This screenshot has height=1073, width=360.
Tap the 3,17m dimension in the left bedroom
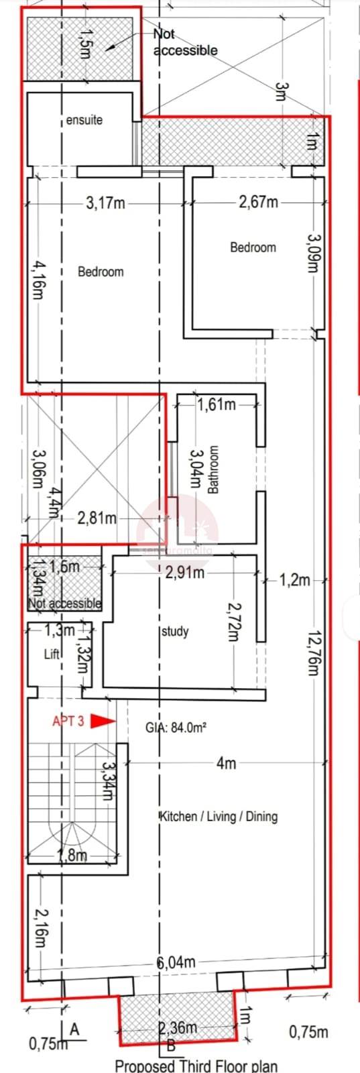tap(105, 202)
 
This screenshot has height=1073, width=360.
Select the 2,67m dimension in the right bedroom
tap(258, 202)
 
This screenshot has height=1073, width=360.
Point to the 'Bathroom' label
tap(213, 469)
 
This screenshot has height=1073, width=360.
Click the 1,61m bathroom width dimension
tap(216, 404)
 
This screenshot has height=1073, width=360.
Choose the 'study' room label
tap(176, 631)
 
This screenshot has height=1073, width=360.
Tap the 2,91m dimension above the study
tap(184, 573)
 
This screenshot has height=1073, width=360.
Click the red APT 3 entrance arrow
tap(103, 721)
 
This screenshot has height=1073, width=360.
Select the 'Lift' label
tap(52, 654)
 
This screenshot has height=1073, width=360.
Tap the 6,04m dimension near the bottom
tap(176, 962)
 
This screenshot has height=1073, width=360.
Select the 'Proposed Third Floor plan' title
tap(196, 1066)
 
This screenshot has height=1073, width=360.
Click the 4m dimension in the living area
tap(226, 763)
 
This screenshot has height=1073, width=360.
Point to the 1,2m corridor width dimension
tap(295, 579)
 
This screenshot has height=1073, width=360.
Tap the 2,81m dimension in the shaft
tap(97, 518)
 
